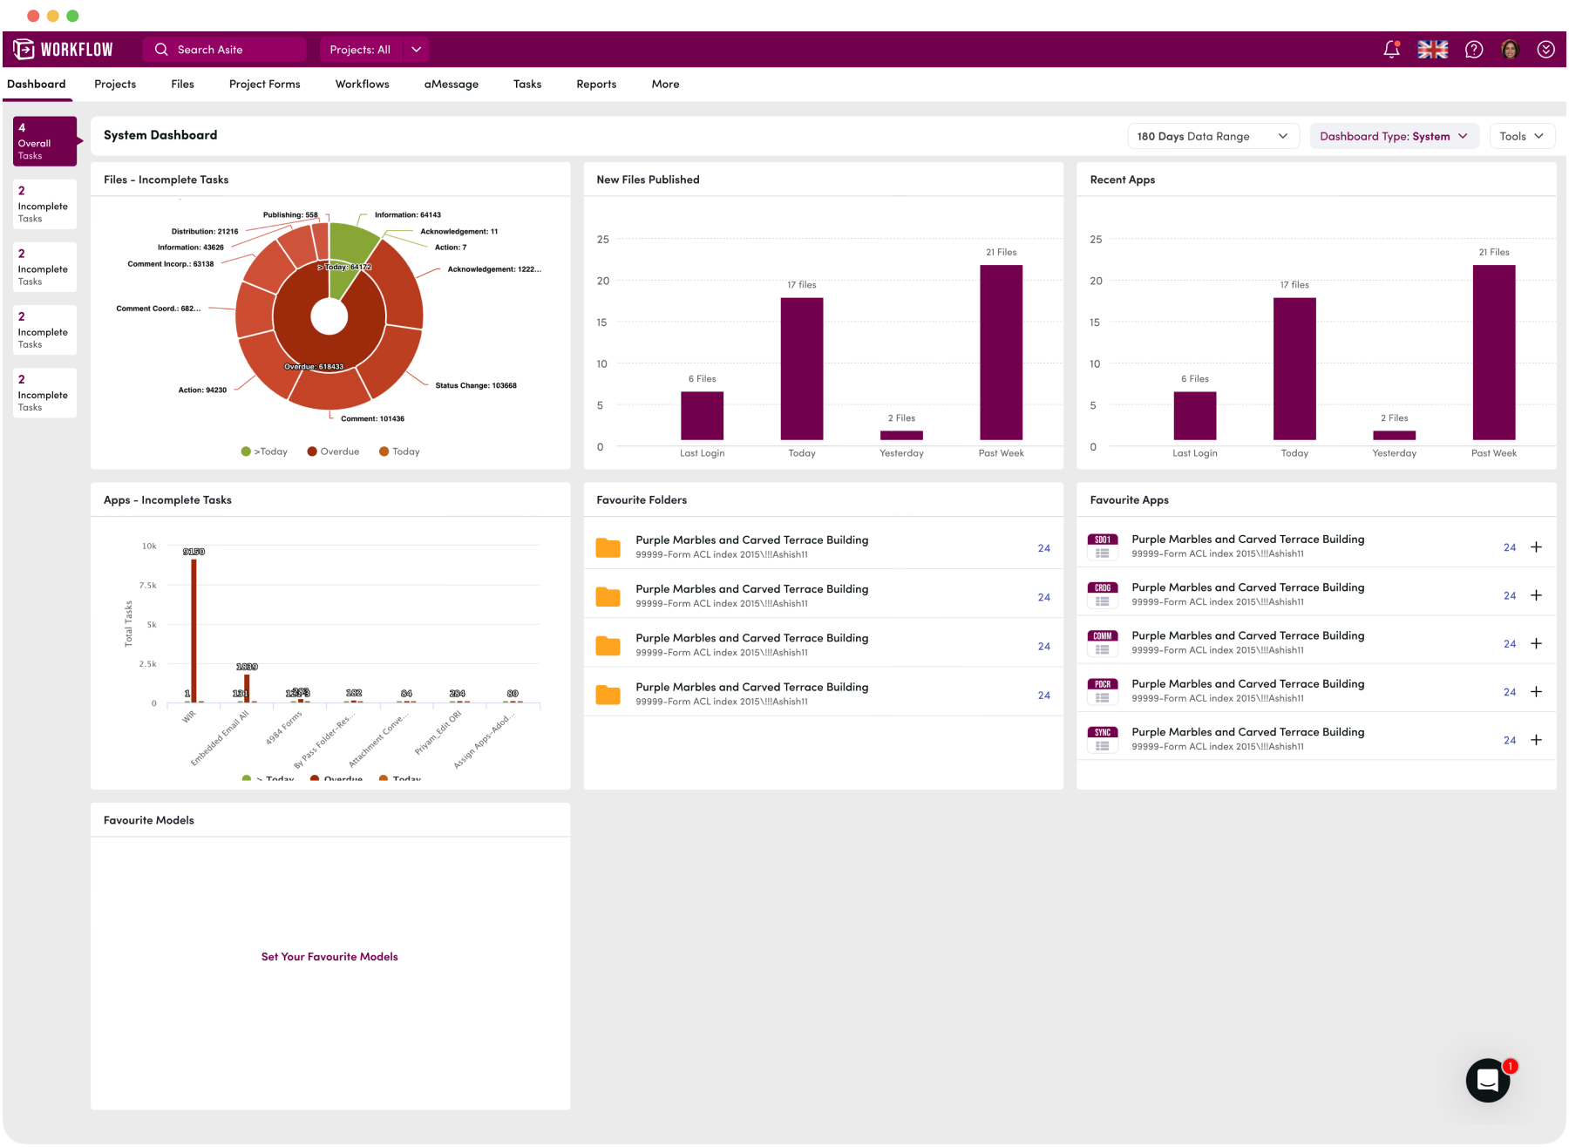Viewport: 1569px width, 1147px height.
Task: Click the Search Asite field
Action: pos(225,50)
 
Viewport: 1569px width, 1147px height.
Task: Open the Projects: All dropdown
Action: pos(375,50)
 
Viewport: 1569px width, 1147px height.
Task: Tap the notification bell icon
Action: pos(1391,50)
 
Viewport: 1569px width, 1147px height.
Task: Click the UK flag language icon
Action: pos(1432,50)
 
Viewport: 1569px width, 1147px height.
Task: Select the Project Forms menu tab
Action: pos(264,85)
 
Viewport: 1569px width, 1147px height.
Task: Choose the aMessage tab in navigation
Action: pos(451,85)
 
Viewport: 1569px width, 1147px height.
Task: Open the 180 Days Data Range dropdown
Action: pos(1212,136)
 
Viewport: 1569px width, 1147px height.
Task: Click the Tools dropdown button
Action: pos(1521,136)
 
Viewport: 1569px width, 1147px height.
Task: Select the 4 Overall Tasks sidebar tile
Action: pos(44,141)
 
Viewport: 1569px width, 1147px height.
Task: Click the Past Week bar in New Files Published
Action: pos(1001,352)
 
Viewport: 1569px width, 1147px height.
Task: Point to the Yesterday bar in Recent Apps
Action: pos(1394,435)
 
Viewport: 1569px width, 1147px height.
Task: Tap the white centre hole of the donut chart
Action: pos(329,317)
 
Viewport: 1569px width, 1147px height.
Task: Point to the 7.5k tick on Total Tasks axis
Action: pos(148,586)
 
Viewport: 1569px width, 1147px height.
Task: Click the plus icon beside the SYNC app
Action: pos(1536,740)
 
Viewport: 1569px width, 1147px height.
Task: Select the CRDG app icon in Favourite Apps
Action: pos(1103,595)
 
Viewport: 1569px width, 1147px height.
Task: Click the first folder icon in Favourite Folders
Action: pos(608,548)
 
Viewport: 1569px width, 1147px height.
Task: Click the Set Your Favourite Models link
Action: pos(329,957)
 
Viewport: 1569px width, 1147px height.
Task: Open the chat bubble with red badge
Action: pos(1487,1081)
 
